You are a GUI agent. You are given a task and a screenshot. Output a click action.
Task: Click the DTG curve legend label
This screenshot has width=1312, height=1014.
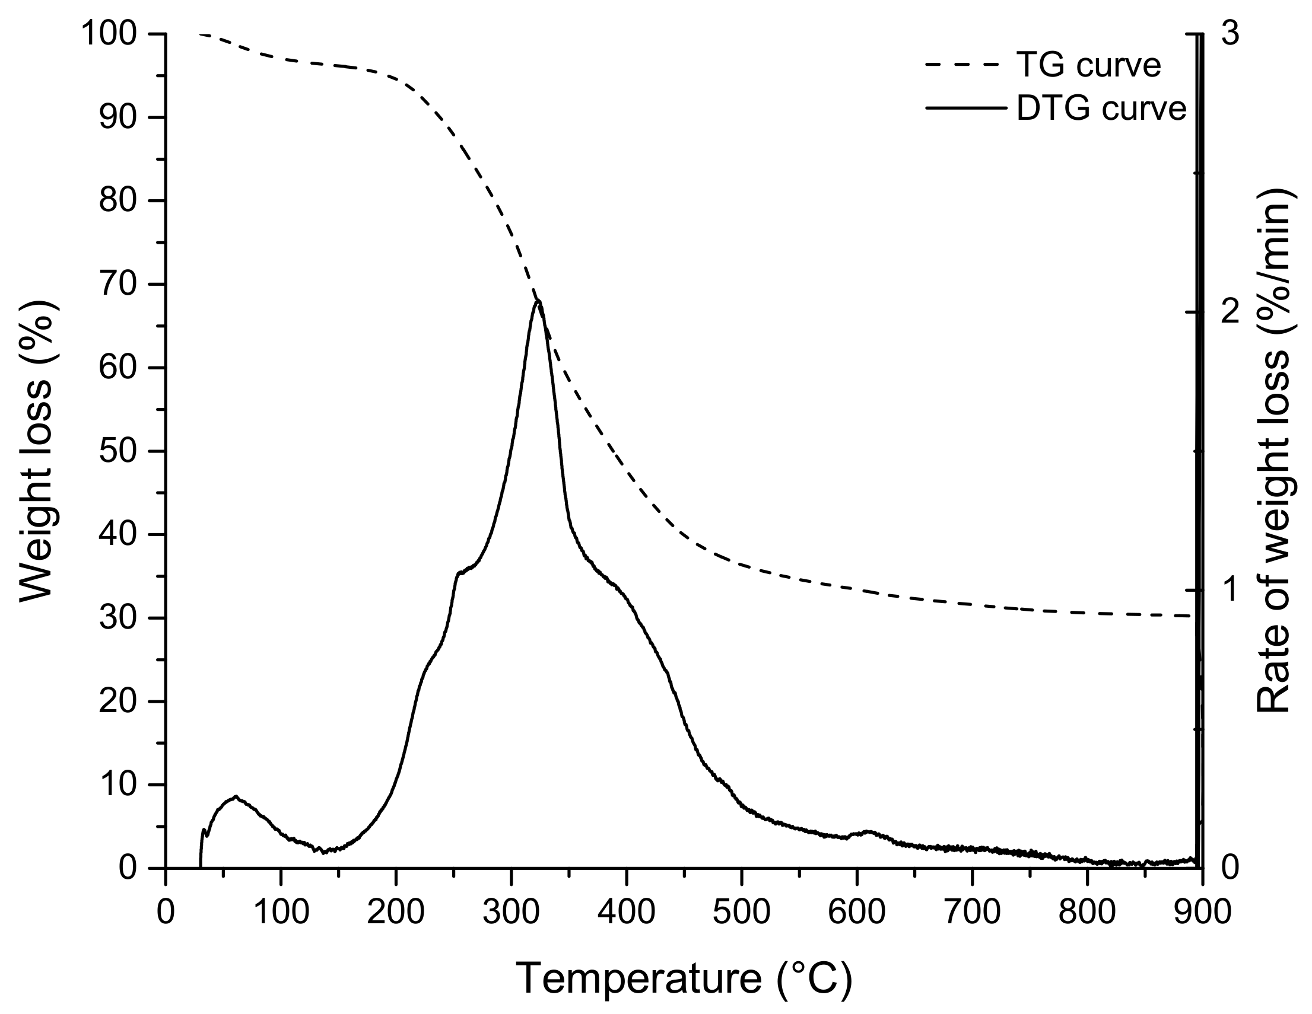(1101, 109)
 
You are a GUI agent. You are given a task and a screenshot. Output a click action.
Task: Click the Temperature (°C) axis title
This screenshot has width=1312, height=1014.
(684, 979)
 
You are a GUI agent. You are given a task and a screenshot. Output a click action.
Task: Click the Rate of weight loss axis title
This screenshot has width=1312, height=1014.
(1273, 450)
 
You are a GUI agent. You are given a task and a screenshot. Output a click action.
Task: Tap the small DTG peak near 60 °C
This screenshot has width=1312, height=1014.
(236, 798)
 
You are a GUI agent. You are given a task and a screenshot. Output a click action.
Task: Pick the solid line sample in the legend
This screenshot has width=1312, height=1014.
(964, 109)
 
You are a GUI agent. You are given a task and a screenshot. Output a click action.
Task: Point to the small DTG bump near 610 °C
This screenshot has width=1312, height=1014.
(868, 831)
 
